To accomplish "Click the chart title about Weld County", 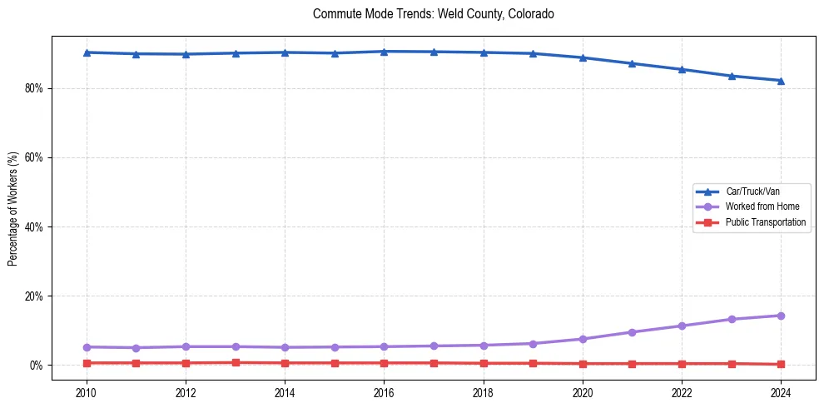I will coord(433,14).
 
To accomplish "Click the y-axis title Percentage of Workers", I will coord(12,209).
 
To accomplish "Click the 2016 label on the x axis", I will coord(384,392).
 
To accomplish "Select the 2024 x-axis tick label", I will coord(781,392).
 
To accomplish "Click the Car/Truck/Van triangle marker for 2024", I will coord(781,81).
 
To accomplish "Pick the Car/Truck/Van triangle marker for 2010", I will coord(87,52).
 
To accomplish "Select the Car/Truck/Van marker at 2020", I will coord(583,57).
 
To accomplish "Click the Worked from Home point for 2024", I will coord(781,316).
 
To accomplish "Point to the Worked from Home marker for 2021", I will coord(632,332).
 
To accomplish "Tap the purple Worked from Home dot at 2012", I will coord(186,346).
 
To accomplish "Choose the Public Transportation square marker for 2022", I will coord(682,364).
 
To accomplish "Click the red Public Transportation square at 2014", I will coord(285,363).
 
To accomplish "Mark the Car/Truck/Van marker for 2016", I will coord(384,52).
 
